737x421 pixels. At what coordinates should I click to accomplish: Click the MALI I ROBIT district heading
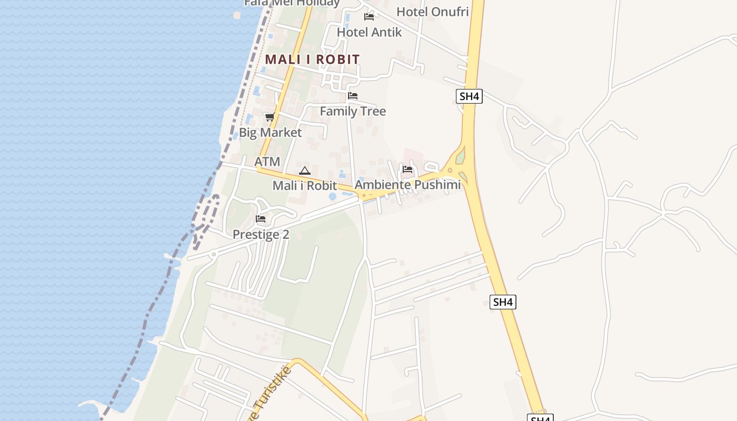(312, 59)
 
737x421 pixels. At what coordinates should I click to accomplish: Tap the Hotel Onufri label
(432, 12)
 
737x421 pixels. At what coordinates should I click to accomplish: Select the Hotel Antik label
(369, 32)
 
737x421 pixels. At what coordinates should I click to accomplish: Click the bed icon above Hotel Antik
(369, 17)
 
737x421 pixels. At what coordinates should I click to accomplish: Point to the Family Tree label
(353, 111)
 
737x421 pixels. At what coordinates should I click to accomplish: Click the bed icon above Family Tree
(353, 96)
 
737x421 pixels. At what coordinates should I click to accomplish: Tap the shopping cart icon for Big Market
(270, 117)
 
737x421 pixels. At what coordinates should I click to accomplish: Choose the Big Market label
(271, 132)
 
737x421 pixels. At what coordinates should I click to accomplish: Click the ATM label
(267, 162)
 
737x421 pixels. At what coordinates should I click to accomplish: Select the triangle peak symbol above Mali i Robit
(305, 171)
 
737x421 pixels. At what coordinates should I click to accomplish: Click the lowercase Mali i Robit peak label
(305, 185)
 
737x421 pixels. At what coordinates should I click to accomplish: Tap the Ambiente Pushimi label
(407, 185)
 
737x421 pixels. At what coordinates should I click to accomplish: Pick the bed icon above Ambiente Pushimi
(407, 169)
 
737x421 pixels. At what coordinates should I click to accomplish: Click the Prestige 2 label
(261, 234)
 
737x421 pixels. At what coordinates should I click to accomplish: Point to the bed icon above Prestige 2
(261, 219)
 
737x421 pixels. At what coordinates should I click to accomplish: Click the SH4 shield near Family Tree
(469, 96)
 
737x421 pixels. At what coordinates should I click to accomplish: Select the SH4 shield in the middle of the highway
(503, 302)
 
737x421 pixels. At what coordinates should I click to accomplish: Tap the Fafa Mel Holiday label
(292, 3)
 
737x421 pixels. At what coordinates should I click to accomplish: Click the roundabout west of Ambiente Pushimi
(363, 196)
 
